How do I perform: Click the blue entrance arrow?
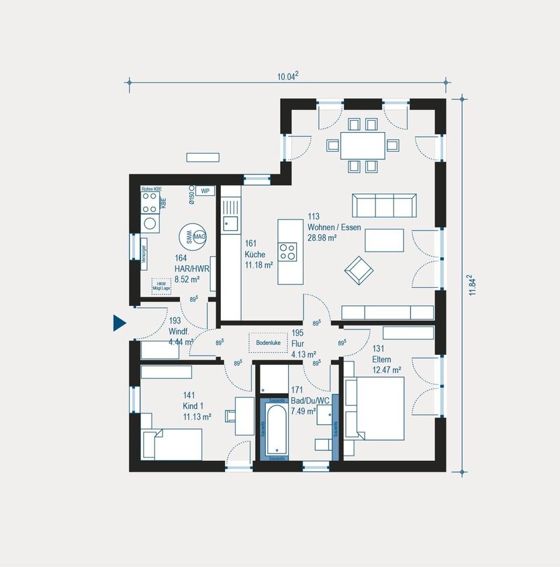point(120,323)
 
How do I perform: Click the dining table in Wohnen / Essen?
point(363,145)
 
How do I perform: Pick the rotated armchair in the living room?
point(359,270)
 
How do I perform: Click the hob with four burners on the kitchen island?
point(288,252)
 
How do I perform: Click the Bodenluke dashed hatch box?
point(267,342)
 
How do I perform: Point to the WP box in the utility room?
point(205,191)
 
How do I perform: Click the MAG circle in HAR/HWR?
point(199,234)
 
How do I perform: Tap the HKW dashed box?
point(160,286)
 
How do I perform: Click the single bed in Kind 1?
point(172,444)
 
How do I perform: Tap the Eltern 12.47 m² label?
point(386,364)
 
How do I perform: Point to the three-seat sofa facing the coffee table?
point(385,206)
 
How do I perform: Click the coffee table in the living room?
point(384,240)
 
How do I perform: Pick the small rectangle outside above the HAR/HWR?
point(203,157)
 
